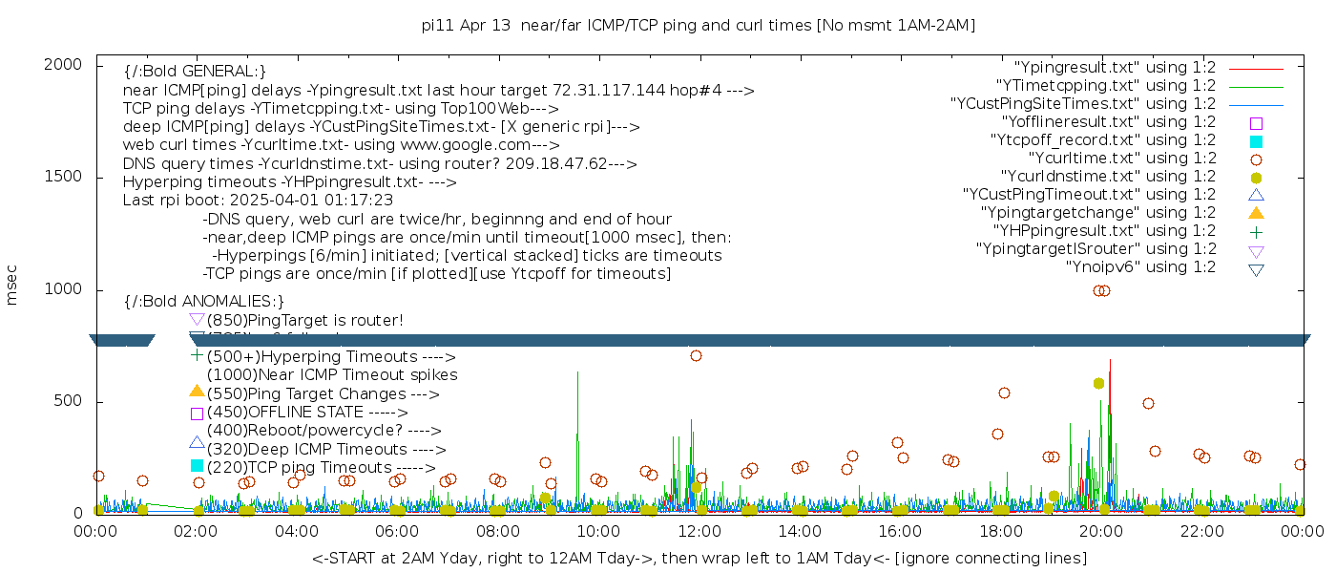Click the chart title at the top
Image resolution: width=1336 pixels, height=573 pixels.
[x=698, y=26]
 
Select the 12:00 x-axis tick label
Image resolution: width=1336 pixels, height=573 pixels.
[x=699, y=531]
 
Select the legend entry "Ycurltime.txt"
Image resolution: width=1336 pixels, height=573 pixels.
[x=1121, y=159]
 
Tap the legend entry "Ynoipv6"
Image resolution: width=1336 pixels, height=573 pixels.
[x=1140, y=267]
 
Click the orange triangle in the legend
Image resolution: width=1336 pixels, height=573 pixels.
[x=1256, y=213]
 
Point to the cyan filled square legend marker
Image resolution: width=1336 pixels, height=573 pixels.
[x=1256, y=141]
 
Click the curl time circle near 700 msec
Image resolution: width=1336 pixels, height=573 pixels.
[x=696, y=355]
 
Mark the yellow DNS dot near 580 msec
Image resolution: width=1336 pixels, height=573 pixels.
[x=1098, y=383]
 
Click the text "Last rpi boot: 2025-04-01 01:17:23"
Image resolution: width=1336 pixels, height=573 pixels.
[x=258, y=201]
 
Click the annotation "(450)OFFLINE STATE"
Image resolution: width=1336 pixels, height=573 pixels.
[x=284, y=413]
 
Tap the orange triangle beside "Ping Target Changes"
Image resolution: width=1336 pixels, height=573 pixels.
[x=197, y=391]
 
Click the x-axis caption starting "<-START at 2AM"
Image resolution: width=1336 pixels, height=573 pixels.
[x=699, y=557]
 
